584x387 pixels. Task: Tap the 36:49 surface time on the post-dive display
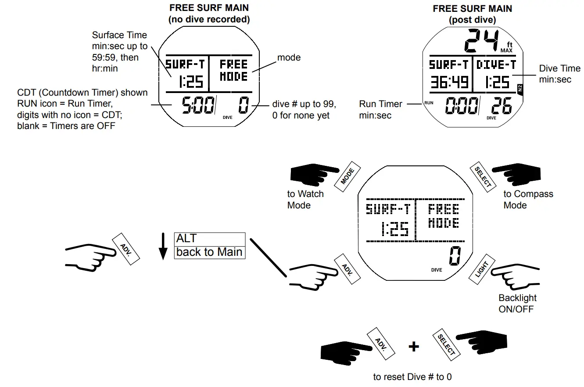pyautogui.click(x=449, y=82)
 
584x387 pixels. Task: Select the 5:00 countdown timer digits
pyautogui.click(x=198, y=106)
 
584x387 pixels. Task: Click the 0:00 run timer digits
pyautogui.click(x=462, y=106)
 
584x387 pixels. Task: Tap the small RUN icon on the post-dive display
pyautogui.click(x=428, y=102)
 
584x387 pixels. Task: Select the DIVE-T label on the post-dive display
pyautogui.click(x=496, y=64)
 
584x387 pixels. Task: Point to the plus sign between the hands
pyautogui.click(x=413, y=347)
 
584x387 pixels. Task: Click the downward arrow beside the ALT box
pyautogui.click(x=163, y=247)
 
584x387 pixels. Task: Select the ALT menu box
pyautogui.click(x=210, y=239)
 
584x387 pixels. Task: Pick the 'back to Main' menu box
pyautogui.click(x=210, y=252)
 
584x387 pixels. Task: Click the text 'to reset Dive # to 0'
pyautogui.click(x=412, y=377)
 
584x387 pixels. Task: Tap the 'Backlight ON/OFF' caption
pyautogui.click(x=517, y=303)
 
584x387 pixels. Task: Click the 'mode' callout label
pyautogui.click(x=289, y=57)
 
